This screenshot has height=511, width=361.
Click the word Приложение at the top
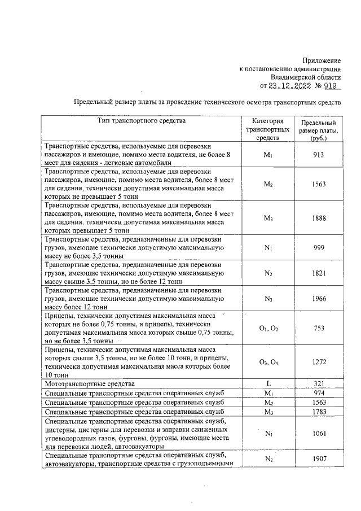click(x=322, y=60)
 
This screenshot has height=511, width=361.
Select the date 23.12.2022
click(x=288, y=86)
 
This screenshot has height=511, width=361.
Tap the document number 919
click(x=332, y=86)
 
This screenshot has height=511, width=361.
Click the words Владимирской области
click(x=305, y=77)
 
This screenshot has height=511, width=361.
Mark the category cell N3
click(x=268, y=298)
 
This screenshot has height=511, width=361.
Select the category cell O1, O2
click(x=268, y=328)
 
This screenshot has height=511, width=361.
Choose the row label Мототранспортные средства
click(x=84, y=383)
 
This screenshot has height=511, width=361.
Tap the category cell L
click(x=268, y=383)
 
